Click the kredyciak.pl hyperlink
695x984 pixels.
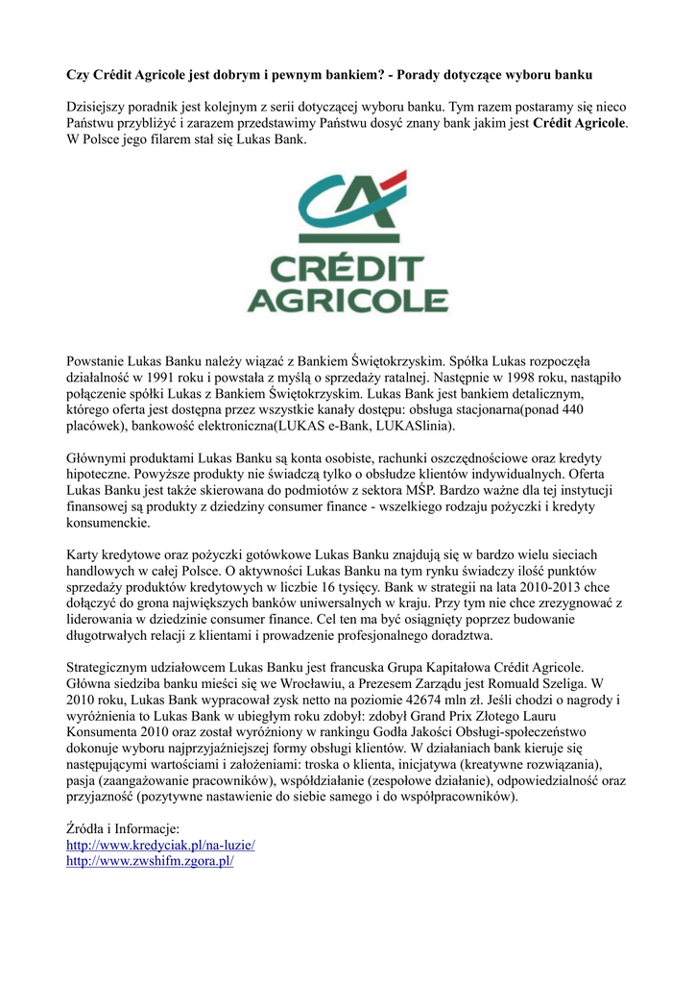(x=159, y=845)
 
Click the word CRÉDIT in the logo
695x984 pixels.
(x=347, y=271)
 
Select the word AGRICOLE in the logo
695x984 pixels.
(x=347, y=300)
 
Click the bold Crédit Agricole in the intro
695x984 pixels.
(x=579, y=124)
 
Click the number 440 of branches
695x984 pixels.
(x=571, y=409)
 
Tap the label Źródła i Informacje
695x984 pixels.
(x=122, y=828)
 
